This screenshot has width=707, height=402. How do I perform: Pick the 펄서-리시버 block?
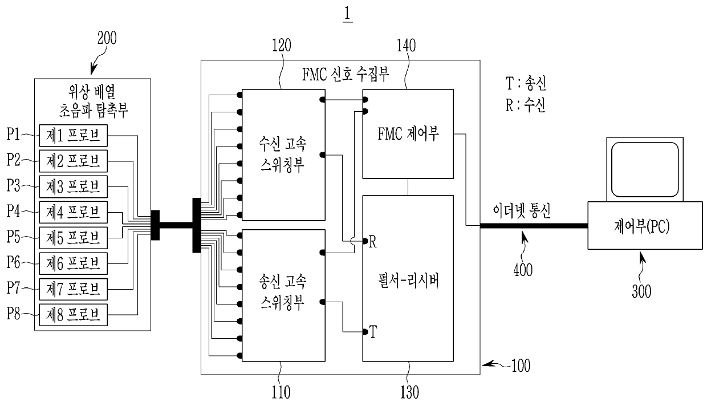pos(408,279)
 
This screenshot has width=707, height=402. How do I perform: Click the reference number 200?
pos(108,39)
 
